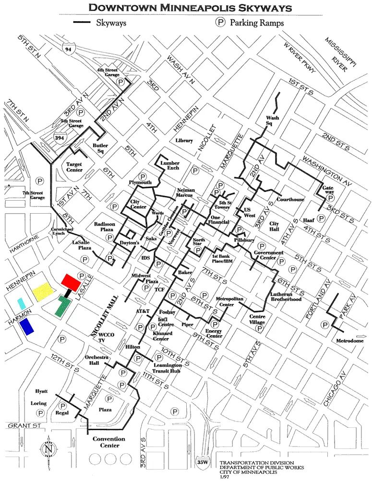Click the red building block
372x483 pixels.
[x=73, y=281]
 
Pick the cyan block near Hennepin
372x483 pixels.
[x=21, y=302]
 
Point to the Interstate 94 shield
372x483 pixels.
[x=69, y=47]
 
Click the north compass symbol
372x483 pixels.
[x=48, y=449]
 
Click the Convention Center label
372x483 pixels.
[x=108, y=442]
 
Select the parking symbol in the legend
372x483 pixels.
[x=221, y=22]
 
